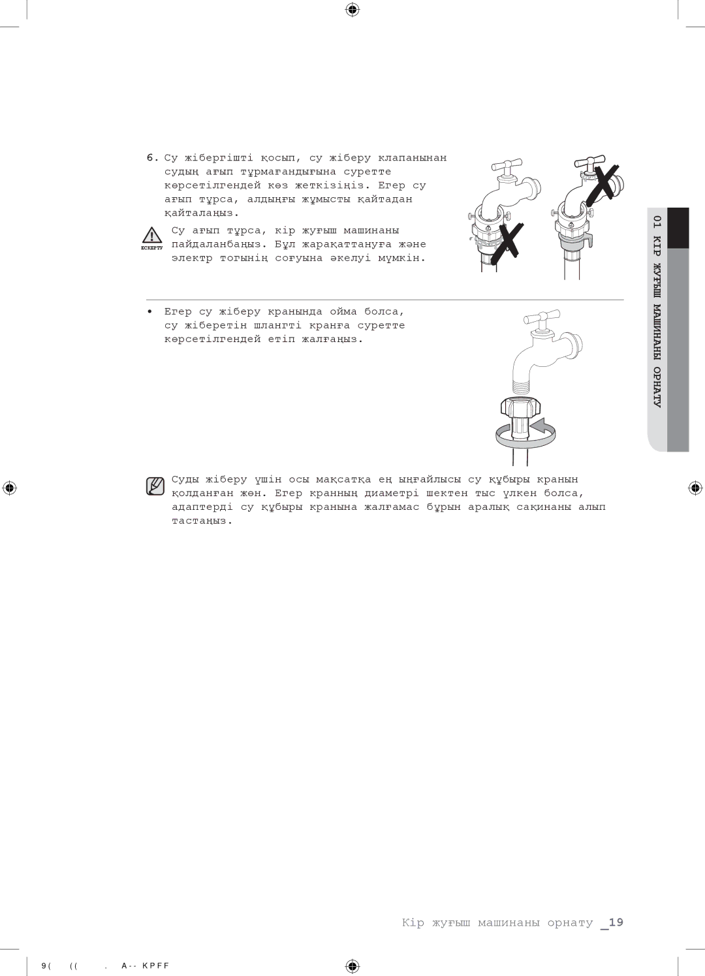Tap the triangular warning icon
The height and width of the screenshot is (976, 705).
pos(151,235)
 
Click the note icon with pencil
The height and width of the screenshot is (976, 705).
pos(155,486)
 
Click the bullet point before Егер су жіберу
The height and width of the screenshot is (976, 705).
pos(150,311)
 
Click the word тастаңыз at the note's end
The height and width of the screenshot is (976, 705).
pos(202,521)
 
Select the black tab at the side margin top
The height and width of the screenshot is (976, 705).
pos(678,228)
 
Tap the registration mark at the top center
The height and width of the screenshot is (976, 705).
pos(352,10)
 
